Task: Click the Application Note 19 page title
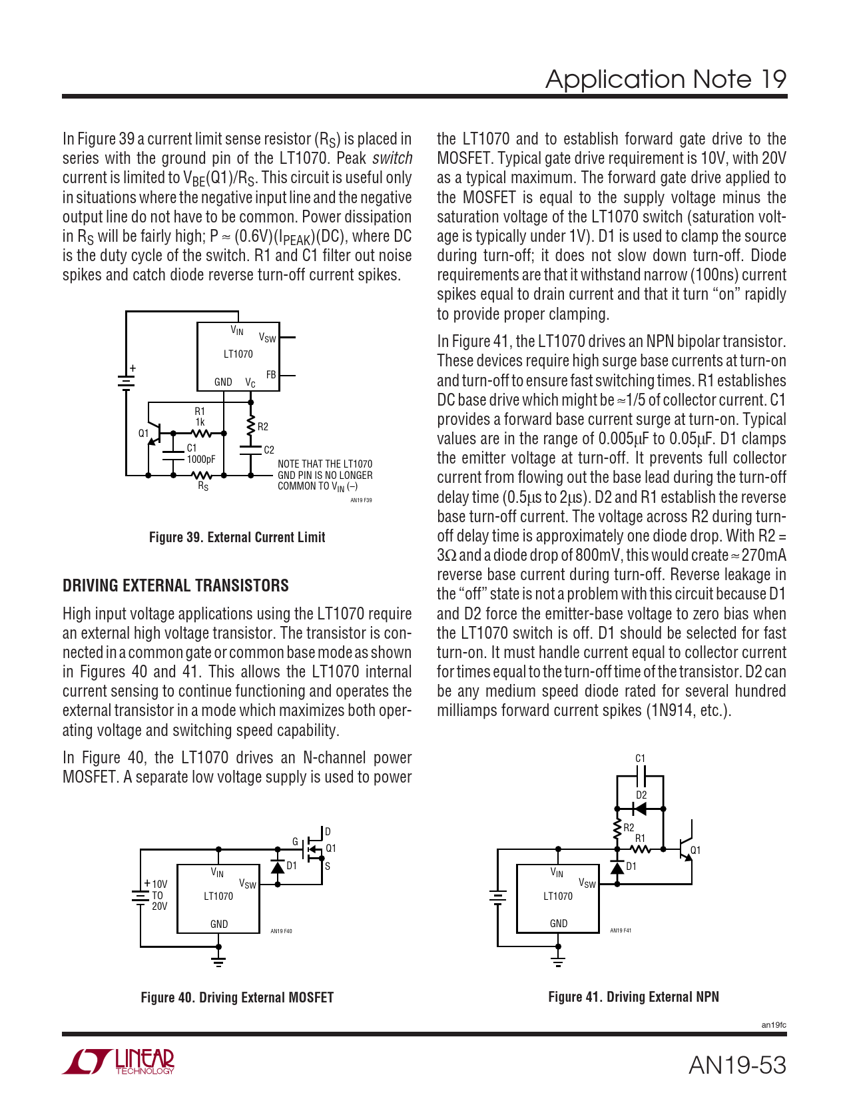665,79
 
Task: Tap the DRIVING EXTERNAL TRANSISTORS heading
176,585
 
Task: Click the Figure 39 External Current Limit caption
237,538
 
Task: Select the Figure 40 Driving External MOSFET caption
237,998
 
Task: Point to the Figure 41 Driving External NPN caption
633,997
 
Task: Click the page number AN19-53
737,1065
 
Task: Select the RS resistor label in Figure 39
203,487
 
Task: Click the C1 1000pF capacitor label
200,454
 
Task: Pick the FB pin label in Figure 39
271,375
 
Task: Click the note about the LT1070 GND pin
325,475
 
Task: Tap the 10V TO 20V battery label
159,895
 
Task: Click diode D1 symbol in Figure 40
278,867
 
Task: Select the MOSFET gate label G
296,841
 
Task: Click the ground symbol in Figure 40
218,960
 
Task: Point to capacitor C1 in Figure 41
641,775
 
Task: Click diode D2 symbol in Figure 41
640,809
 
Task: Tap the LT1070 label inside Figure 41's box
557,896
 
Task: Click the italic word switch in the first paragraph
392,159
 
